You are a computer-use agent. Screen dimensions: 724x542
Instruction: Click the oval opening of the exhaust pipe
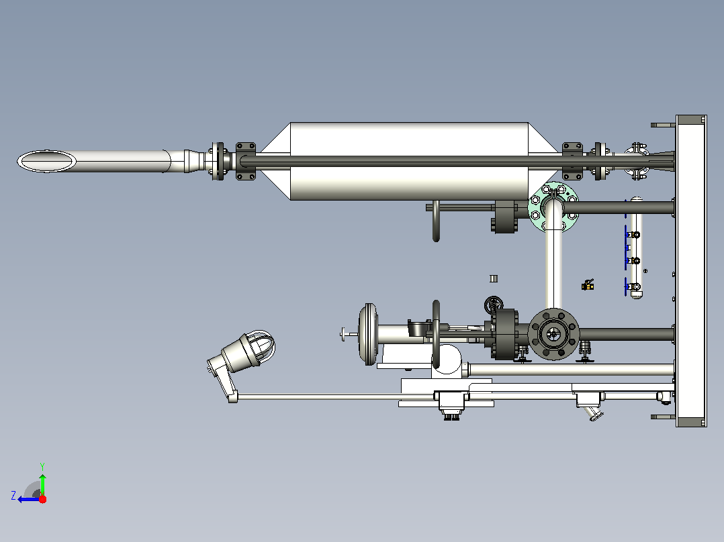coord(46,162)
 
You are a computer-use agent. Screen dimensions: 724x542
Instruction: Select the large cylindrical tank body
coord(409,138)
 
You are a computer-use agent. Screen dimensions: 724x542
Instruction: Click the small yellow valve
coord(587,285)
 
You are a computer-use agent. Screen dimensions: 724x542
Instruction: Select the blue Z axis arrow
coord(29,499)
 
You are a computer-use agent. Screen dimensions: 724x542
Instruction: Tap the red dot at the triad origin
coord(42,499)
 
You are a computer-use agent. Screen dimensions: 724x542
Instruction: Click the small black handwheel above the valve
coord(494,305)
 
